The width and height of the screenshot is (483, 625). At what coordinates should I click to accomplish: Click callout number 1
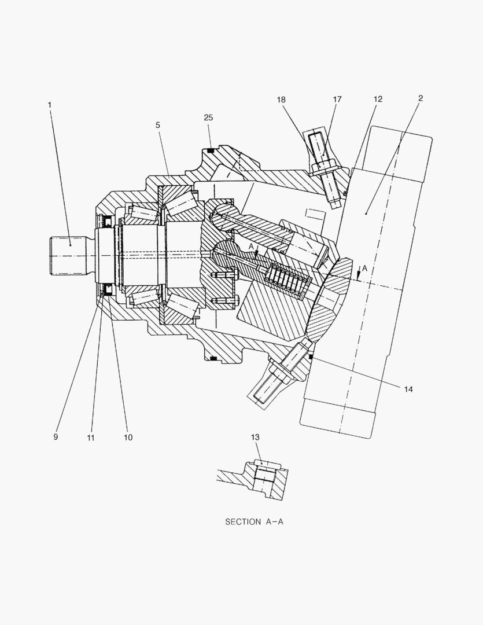click(x=50, y=104)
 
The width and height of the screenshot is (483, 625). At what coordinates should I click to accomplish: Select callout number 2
click(x=421, y=98)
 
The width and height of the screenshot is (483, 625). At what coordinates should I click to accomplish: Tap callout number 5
click(x=157, y=124)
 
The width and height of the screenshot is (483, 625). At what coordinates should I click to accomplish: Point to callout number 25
click(x=208, y=117)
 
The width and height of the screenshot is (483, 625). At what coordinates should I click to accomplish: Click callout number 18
click(x=281, y=100)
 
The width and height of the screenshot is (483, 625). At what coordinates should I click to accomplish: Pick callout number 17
click(x=337, y=100)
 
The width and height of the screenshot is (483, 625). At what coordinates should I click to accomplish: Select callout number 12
click(x=378, y=100)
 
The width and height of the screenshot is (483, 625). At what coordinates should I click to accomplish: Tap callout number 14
click(x=408, y=389)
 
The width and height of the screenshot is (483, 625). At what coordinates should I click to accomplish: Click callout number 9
click(x=56, y=437)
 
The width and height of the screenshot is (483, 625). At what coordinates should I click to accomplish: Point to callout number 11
click(x=91, y=437)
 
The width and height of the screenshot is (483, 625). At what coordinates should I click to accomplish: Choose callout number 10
click(x=128, y=437)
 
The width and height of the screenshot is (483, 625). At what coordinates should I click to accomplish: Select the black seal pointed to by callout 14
click(x=311, y=358)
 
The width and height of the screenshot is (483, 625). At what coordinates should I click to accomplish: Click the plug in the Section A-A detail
click(x=265, y=476)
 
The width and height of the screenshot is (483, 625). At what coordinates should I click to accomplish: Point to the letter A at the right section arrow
click(x=366, y=269)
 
